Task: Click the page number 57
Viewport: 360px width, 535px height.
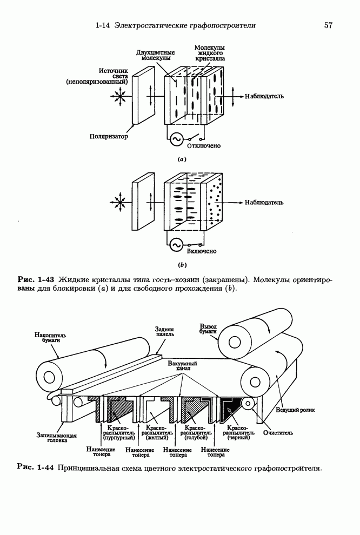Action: click(x=328, y=25)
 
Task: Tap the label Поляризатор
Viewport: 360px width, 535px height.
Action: click(x=108, y=137)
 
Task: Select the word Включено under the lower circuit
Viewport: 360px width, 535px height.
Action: click(x=202, y=251)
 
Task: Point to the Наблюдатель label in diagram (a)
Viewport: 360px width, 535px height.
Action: click(x=264, y=97)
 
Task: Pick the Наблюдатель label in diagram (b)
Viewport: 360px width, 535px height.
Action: click(x=264, y=203)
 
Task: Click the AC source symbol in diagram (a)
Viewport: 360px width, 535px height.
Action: click(x=175, y=139)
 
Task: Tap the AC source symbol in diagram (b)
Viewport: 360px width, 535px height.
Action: click(x=175, y=245)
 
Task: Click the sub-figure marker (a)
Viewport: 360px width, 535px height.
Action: click(x=182, y=159)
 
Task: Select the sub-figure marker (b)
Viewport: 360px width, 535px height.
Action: click(x=182, y=265)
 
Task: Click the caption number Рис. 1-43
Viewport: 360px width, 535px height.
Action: click(x=36, y=279)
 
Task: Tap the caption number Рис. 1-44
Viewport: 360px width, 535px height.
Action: click(x=36, y=467)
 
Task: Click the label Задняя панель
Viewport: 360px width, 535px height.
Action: click(x=164, y=331)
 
